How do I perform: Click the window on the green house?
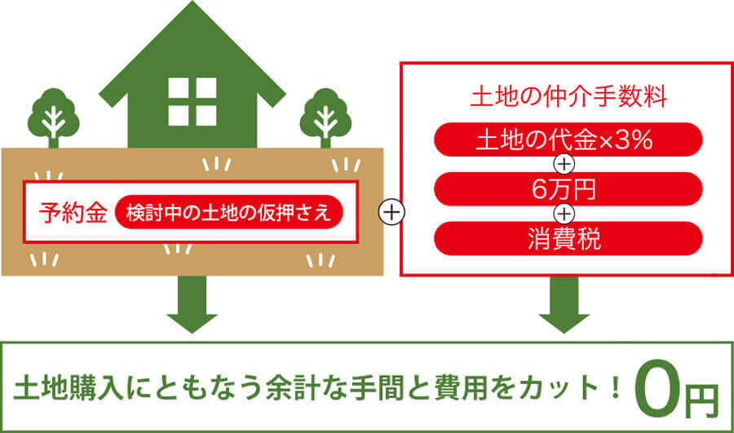pyautogui.click(x=193, y=101)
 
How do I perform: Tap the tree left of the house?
pyautogui.click(x=52, y=118)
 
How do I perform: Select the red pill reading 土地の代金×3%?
pyautogui.click(x=568, y=139)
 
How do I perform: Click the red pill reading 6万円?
pyautogui.click(x=568, y=189)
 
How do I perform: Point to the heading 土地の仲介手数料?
pyautogui.click(x=568, y=98)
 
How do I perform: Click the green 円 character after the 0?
pyautogui.click(x=701, y=395)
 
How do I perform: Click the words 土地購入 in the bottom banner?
pyautogui.click(x=65, y=390)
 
